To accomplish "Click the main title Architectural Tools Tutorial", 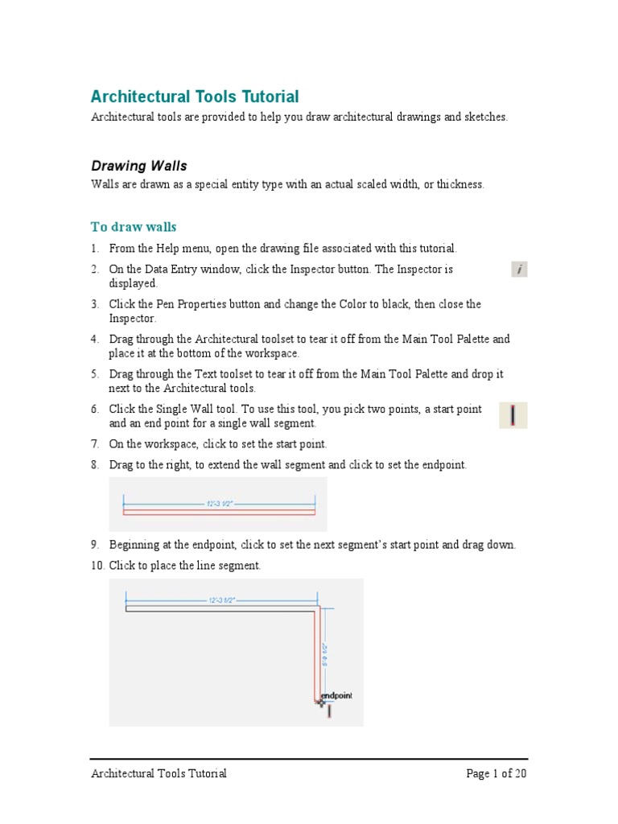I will point(194,97).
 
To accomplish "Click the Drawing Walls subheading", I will point(138,166).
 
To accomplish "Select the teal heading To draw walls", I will point(133,227).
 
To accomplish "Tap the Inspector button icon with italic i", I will point(519,270).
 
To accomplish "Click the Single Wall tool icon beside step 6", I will point(513,415).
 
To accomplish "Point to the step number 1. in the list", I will point(94,249).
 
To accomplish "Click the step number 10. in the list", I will point(97,566).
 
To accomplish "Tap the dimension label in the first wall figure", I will point(220,504).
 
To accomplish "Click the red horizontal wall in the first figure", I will point(218,512).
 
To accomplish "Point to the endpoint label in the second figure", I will point(336,695).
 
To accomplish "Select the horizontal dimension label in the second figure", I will point(220,600).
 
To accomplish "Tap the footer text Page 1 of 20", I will point(496,774).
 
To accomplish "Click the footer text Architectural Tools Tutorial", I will point(159,774).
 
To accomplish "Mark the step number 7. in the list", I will point(94,443).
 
